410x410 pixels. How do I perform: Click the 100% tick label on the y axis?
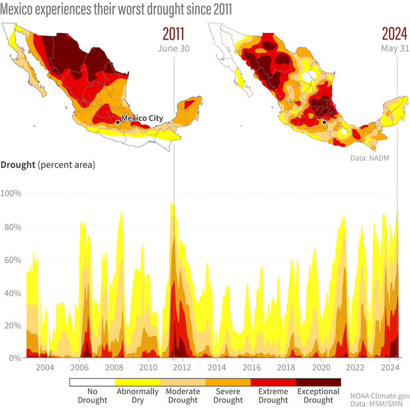12,194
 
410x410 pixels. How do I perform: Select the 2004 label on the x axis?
44,368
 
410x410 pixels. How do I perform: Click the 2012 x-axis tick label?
183,368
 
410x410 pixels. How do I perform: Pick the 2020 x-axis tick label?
321,368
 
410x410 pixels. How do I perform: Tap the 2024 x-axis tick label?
390,368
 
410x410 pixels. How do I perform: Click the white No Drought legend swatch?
93,382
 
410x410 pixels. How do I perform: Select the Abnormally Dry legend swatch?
138,382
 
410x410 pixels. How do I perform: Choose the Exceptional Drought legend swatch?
318,382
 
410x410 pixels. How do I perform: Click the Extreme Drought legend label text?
273,395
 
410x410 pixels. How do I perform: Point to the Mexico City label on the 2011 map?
142,118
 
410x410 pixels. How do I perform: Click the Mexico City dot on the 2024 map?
324,122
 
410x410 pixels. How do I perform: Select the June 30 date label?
171,48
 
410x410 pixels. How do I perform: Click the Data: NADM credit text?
378,159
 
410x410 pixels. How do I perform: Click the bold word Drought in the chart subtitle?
18,164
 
